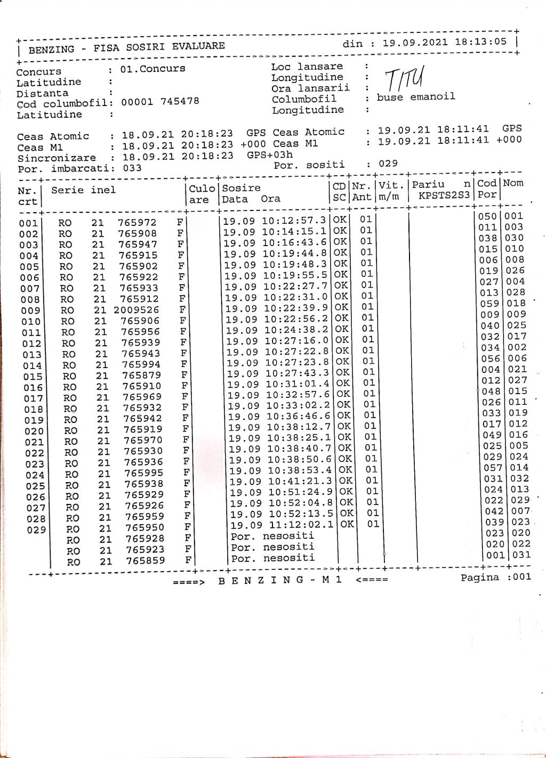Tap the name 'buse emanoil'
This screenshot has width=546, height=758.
click(416, 97)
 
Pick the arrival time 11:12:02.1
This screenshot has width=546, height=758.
click(302, 525)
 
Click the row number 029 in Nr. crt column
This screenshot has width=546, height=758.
click(36, 530)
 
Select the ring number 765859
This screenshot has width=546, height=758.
click(146, 560)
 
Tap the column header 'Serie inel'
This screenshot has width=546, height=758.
click(83, 190)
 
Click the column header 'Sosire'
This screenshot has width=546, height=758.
click(241, 188)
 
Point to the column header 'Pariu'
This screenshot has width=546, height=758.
click(428, 184)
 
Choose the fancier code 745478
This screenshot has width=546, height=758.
click(180, 101)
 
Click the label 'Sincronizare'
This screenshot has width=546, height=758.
click(57, 158)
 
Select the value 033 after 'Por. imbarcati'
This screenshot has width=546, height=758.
click(132, 168)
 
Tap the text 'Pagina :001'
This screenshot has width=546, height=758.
click(496, 577)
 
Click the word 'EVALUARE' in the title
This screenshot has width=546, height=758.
click(198, 46)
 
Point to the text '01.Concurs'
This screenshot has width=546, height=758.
click(152, 69)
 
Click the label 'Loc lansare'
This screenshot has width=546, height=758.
click(307, 67)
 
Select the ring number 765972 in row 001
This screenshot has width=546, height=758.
click(137, 222)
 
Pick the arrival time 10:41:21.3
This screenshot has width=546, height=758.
click(300, 481)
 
